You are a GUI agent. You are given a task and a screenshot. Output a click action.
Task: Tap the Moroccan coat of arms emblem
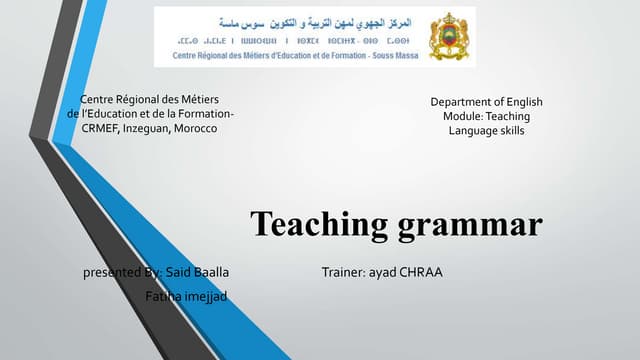tap(447, 37)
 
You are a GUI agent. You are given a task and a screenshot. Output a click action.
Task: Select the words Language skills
tap(486, 131)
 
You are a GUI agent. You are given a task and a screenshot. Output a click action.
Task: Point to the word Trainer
tap(343, 272)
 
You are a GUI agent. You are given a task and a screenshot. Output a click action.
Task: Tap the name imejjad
tap(203, 296)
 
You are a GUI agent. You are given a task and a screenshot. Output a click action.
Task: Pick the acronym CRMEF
tap(99, 130)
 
